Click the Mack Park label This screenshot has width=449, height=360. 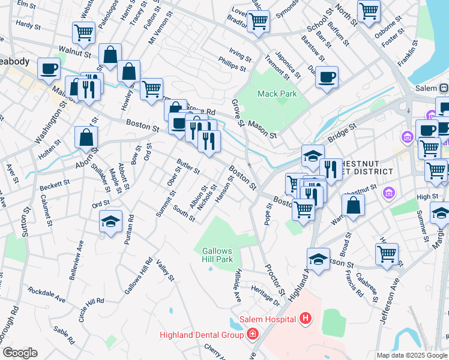[x=277, y=94]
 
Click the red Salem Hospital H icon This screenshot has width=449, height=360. [x=306, y=318]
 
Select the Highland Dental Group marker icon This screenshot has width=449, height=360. [x=253, y=334]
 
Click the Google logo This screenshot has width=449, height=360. [x=20, y=353]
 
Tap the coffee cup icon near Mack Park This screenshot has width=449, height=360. [x=327, y=77]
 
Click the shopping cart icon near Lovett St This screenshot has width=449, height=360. [x=258, y=20]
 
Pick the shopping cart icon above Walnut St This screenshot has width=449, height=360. [x=83, y=32]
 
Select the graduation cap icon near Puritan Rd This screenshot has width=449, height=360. [x=110, y=222]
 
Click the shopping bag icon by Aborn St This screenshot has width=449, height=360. [x=86, y=137]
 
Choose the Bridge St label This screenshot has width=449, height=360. [x=342, y=133]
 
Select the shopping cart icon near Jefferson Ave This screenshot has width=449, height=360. [x=387, y=253]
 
